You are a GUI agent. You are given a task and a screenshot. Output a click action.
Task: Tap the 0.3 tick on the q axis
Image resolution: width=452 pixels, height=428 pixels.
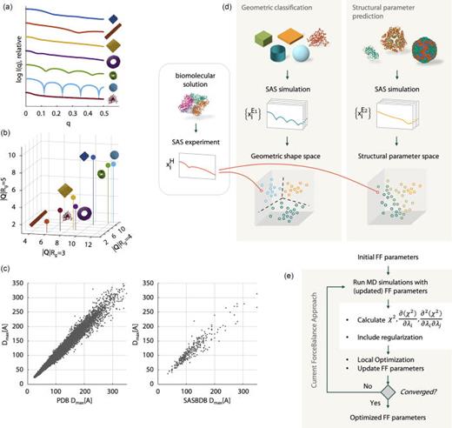pyautogui.click(x=75, y=113)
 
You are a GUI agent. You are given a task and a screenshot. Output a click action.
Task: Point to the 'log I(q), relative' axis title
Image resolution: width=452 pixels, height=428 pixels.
pyautogui.click(x=9, y=57)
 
